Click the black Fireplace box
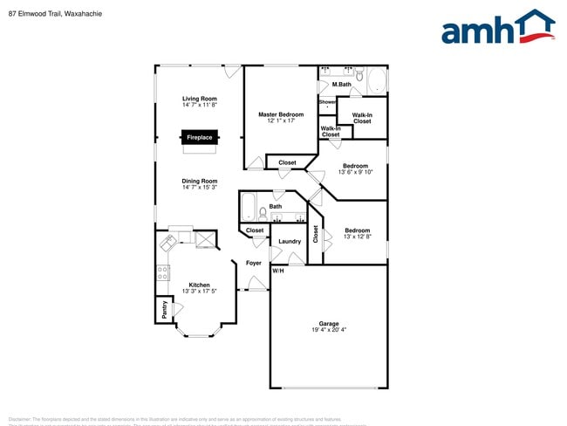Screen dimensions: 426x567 pos(199,137)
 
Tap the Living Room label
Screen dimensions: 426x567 pos(200,99)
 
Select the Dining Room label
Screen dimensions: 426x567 pos(200,181)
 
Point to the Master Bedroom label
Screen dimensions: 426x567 pos(281,114)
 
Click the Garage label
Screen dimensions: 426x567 pos(328,324)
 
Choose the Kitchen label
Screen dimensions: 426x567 pos(200,285)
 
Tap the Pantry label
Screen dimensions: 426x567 pos(163,309)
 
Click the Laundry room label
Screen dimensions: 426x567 pos(290,242)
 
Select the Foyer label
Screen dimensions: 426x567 pos(254,263)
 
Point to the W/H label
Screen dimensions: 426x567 pos(278,271)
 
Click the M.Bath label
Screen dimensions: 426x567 pos(341,85)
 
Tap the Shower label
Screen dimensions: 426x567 pos(327,102)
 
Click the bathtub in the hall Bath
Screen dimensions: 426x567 pos(248,209)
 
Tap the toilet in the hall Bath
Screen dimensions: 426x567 pos(263,213)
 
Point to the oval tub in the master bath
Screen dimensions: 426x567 pos(377,82)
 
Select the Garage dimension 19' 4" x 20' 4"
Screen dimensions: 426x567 pos(328,331)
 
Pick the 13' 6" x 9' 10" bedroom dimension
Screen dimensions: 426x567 pos(355,172)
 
